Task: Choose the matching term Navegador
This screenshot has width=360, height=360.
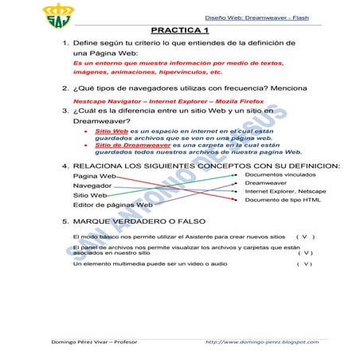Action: coord(92,185)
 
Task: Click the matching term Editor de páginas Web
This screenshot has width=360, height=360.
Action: coord(112,205)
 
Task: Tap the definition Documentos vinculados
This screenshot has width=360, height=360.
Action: coord(280,174)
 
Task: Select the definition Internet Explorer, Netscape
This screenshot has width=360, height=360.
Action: coord(284,191)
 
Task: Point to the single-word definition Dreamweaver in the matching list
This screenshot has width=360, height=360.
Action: coord(265,182)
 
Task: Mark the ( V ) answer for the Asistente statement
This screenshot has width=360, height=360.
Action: coord(304,237)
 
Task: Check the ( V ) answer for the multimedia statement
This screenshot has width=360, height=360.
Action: coord(303,264)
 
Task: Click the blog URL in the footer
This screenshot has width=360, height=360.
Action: coord(266,342)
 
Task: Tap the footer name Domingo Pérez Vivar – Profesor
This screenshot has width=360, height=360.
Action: coord(78,342)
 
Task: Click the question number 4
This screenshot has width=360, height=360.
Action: coord(64,166)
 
